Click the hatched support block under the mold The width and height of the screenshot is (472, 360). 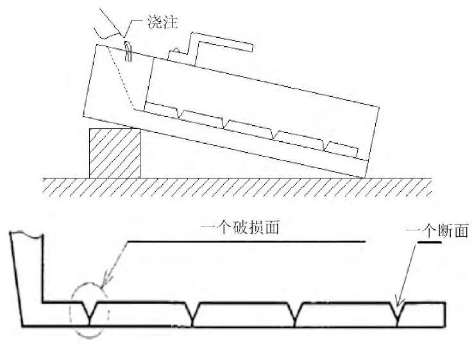(x=114, y=153)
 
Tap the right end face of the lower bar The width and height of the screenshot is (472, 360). (x=444, y=314)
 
